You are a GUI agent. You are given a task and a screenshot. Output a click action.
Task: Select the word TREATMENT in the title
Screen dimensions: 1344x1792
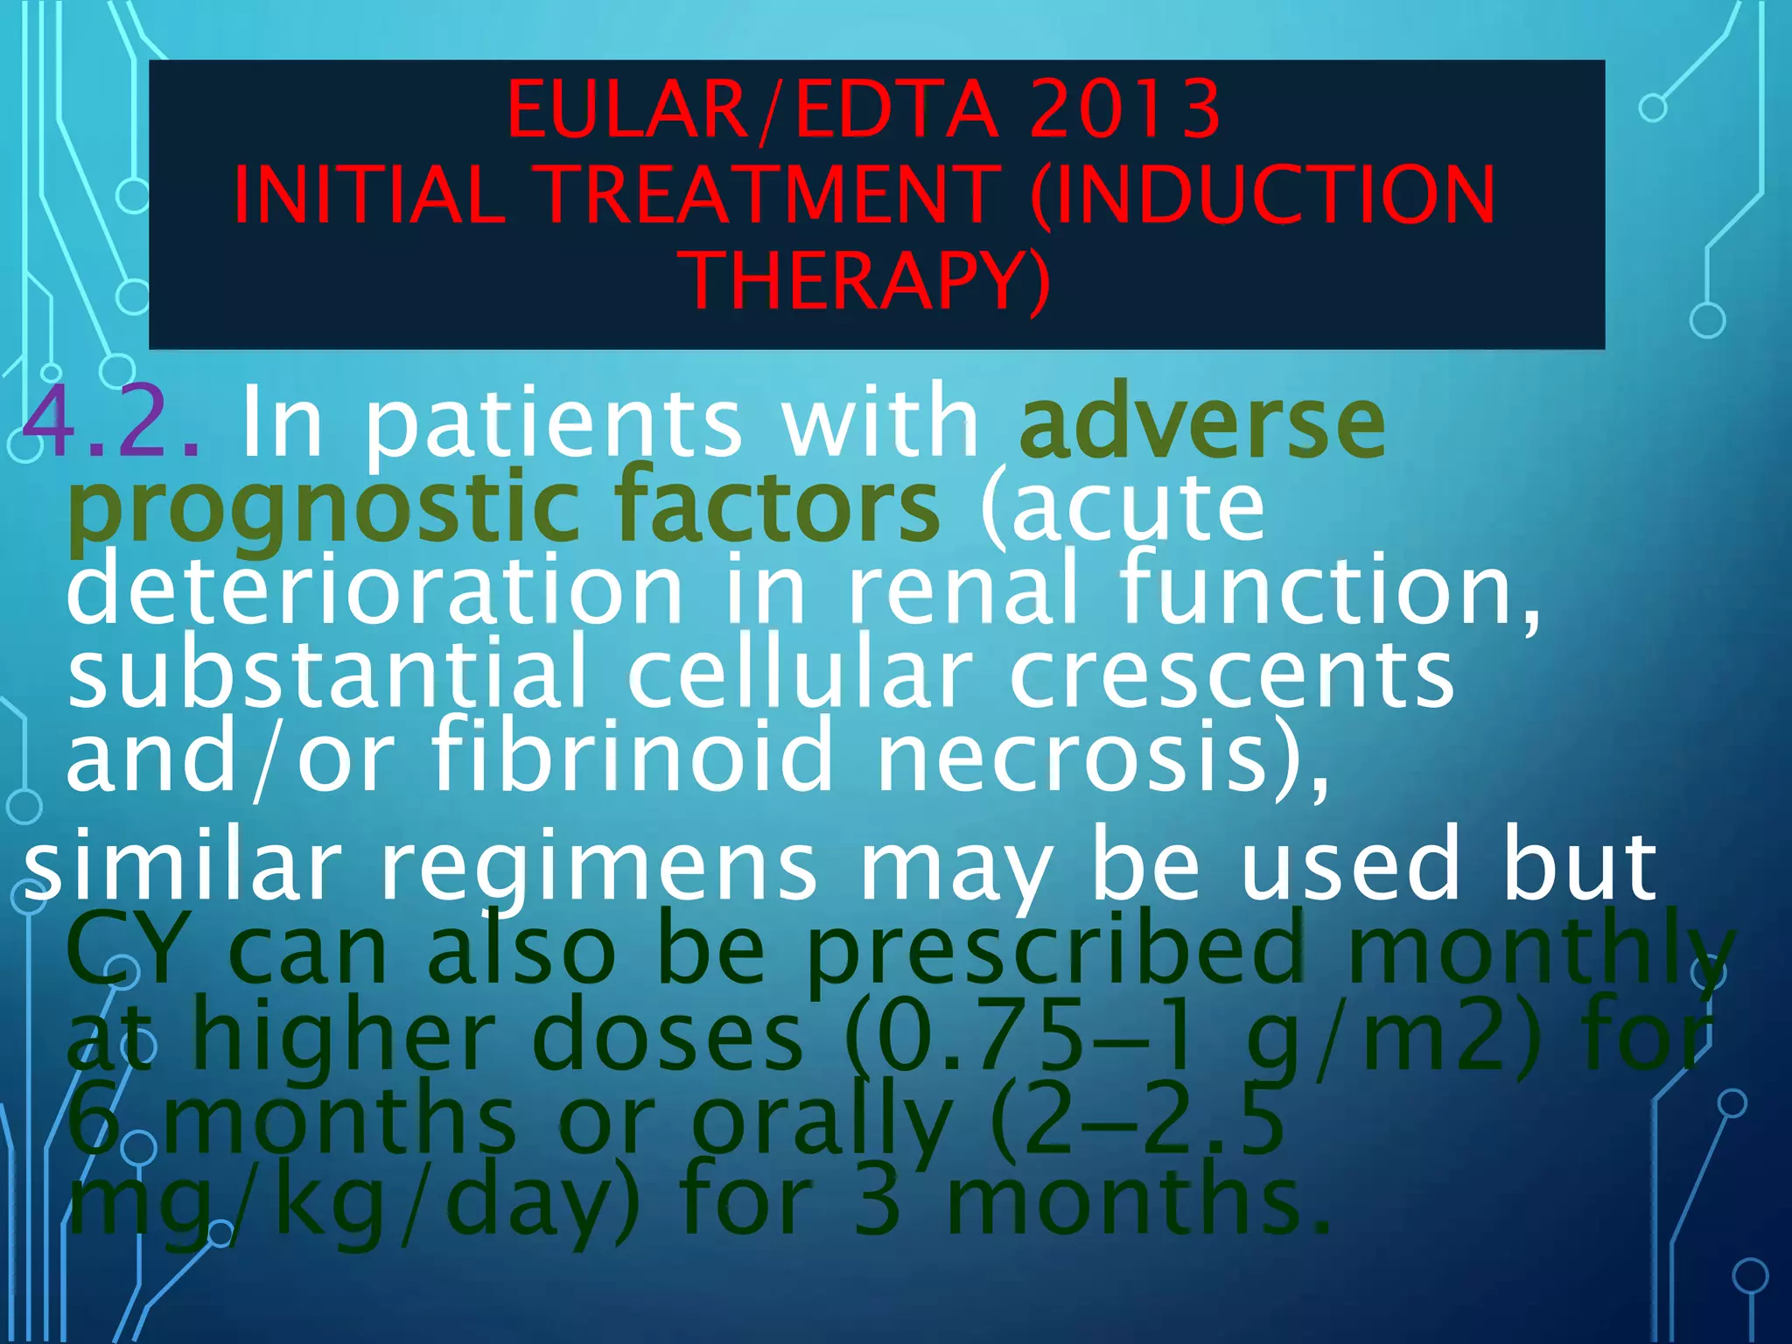tap(770, 195)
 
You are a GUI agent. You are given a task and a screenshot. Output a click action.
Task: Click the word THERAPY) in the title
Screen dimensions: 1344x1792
tap(869, 281)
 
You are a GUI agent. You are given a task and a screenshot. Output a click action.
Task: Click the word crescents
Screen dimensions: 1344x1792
tap(1232, 674)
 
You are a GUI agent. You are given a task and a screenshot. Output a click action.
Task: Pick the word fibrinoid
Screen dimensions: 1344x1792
tap(633, 755)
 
